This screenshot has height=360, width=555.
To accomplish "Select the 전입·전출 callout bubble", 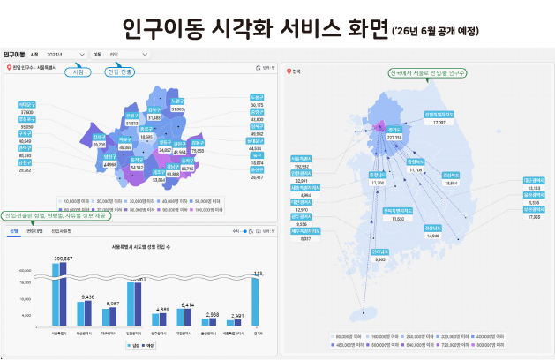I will (x=120, y=71).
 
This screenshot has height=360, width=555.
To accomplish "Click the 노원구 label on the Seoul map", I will (x=177, y=100).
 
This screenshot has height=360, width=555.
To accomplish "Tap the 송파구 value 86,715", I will (x=188, y=168).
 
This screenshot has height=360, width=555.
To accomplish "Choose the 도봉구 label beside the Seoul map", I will (x=257, y=97).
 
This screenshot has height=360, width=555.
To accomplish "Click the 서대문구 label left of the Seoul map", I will (x=27, y=105).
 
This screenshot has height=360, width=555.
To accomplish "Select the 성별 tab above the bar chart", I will (x=14, y=230).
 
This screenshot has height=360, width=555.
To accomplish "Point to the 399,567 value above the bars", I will (x=62, y=259).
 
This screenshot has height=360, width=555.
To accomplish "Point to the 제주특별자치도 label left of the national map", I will (x=308, y=231).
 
